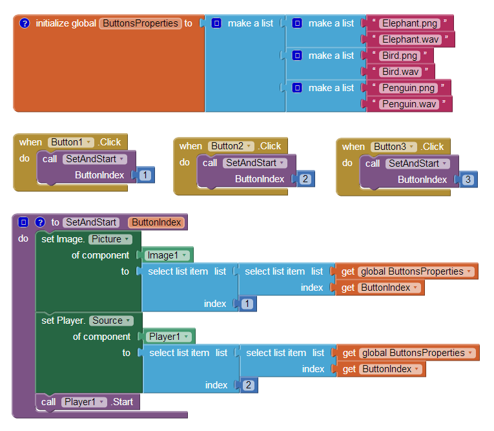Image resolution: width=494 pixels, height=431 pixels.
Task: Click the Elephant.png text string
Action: [x=409, y=23]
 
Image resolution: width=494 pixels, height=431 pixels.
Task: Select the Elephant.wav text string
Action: [x=410, y=39]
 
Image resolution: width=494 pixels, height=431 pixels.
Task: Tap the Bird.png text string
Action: [x=400, y=56]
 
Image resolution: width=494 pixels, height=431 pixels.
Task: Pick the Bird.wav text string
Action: [x=400, y=72]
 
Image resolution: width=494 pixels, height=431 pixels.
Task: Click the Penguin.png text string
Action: [x=408, y=88]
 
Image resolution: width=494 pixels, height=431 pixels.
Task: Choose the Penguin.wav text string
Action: [x=409, y=104]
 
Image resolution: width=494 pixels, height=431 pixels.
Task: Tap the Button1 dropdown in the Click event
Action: [x=70, y=142]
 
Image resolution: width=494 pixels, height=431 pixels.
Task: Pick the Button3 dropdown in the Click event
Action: [x=393, y=147]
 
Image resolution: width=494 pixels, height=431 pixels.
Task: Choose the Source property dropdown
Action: [x=112, y=321]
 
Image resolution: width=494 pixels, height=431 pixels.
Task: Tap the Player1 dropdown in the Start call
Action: [x=84, y=402]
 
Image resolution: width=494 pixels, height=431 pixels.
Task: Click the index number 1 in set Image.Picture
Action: [x=247, y=304]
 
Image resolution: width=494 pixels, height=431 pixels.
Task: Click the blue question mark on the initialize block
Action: [x=25, y=23]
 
